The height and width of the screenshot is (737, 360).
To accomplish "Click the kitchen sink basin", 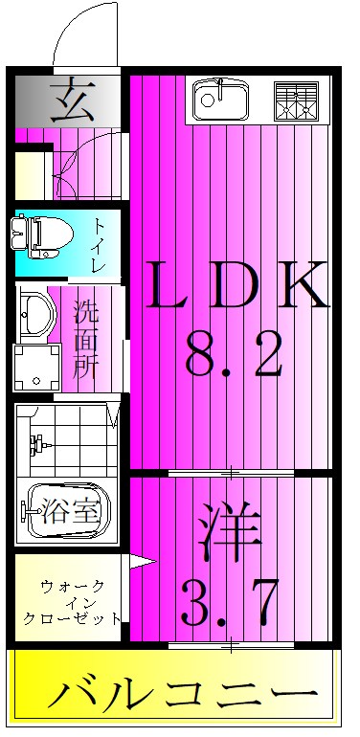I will tap(220, 100).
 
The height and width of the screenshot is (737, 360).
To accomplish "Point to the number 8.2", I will tap(236, 357).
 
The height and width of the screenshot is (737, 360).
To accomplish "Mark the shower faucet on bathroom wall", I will tap(39, 443).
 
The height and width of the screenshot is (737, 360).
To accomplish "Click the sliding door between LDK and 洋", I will tap(232, 473).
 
